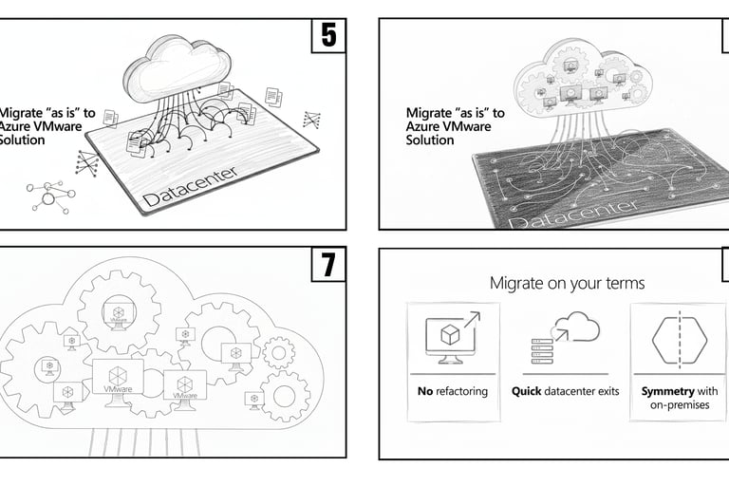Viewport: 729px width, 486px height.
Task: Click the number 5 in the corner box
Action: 328,35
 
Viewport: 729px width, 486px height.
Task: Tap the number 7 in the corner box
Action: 327,266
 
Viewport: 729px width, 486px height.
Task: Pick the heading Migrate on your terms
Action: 567,283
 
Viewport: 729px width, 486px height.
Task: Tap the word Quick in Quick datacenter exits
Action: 528,390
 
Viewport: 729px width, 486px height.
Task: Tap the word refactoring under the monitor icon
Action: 462,390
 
